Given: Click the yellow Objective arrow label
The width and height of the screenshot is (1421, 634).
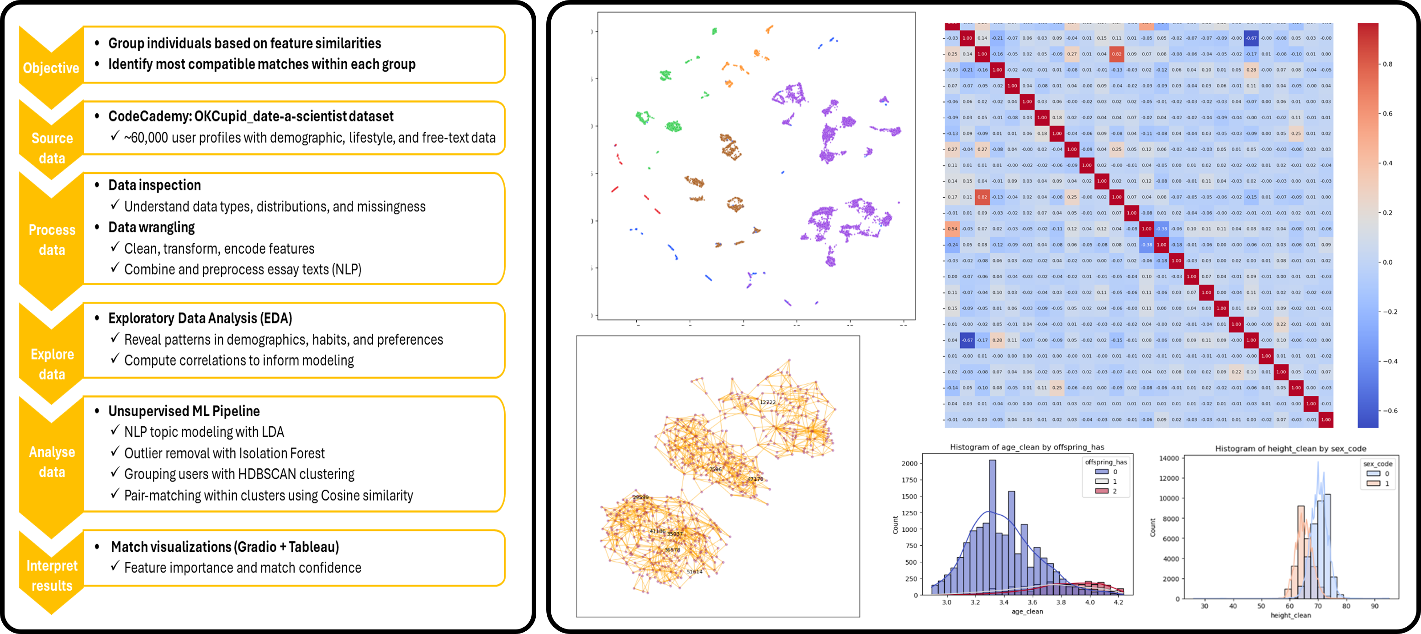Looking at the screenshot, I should click(51, 68).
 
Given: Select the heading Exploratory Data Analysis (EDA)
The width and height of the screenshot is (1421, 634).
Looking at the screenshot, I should click(200, 318).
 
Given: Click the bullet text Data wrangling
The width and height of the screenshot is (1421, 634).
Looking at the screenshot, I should click(151, 227).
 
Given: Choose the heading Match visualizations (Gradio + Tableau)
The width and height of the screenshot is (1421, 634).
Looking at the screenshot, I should click(225, 546).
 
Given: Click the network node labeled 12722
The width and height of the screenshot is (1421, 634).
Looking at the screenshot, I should click(767, 402).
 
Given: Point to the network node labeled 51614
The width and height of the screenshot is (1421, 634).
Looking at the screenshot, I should click(694, 572).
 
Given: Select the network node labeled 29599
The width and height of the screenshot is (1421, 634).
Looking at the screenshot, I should click(640, 497).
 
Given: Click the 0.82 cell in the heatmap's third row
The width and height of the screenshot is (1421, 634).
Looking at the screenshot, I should click(1116, 54).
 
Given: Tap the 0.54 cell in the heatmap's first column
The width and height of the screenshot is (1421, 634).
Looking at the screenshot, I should click(952, 229).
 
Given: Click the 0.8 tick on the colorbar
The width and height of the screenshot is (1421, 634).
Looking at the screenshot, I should click(1387, 64).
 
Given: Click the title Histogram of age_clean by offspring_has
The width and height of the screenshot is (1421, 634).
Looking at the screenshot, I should click(1027, 447).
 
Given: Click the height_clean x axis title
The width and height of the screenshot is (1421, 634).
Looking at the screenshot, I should click(1290, 615).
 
